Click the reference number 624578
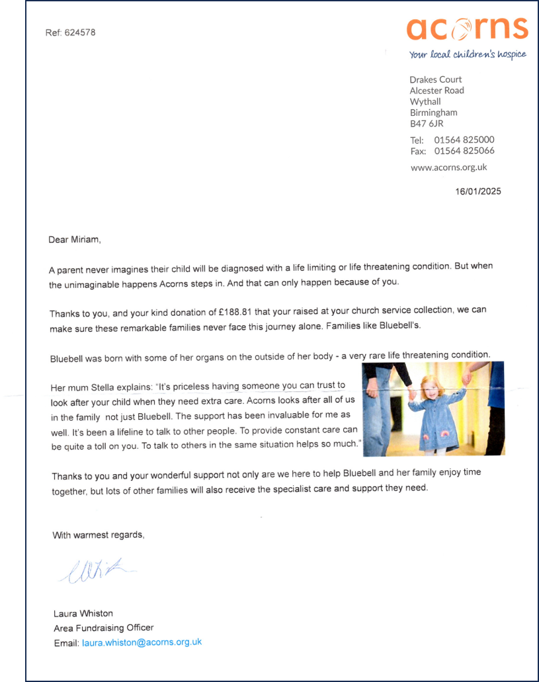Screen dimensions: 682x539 point(80,32)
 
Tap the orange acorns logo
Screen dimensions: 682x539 point(467,28)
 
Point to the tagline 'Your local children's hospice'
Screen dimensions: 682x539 point(468,54)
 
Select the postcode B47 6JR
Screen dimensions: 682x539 point(427,124)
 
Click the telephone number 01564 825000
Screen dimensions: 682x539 point(464,140)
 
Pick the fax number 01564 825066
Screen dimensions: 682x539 point(464,151)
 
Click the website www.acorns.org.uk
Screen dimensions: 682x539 point(448,168)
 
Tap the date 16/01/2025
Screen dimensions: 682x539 point(478,192)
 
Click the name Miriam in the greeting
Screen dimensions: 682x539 point(85,240)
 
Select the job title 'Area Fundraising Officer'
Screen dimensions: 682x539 point(103,628)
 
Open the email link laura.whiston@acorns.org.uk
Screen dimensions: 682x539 point(142,642)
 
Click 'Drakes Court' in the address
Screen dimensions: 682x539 point(435,79)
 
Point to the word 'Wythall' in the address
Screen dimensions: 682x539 point(425,101)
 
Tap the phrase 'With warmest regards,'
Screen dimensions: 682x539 point(98,535)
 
